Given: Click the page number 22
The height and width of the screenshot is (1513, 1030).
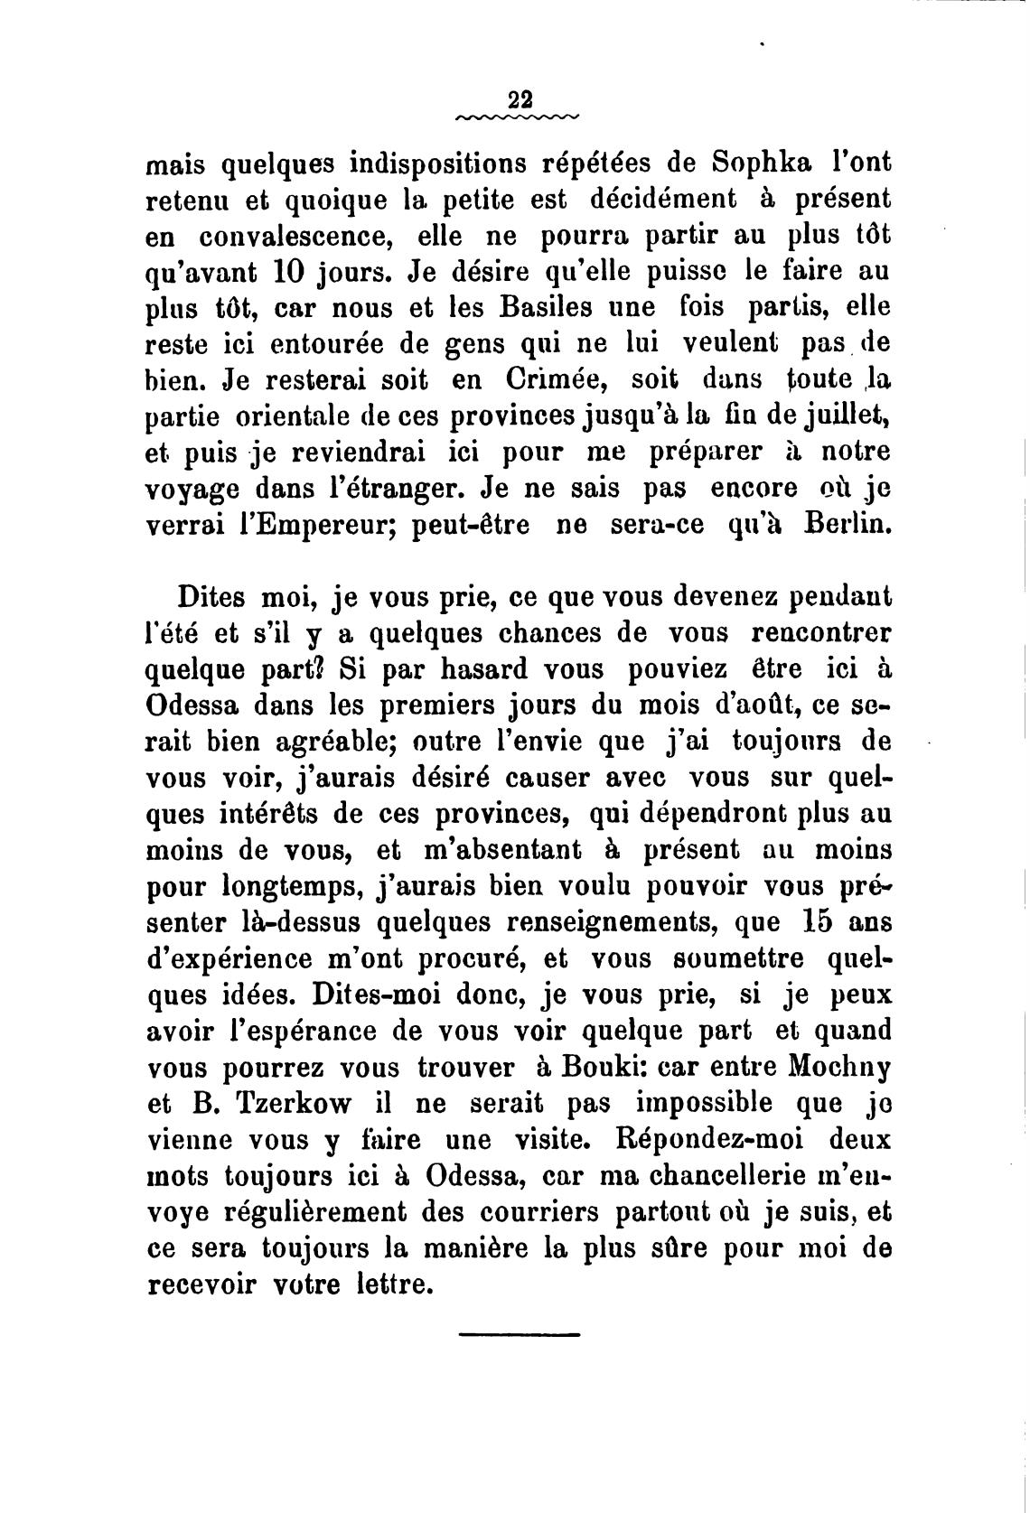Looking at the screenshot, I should [520, 99].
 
